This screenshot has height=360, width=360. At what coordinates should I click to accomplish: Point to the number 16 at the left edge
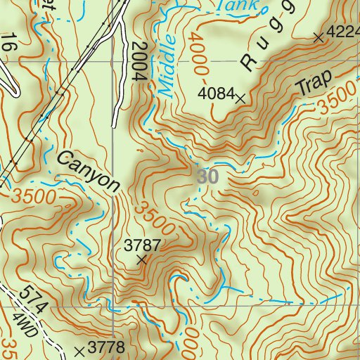click(x=8, y=41)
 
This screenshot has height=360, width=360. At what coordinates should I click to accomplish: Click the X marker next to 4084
click(x=241, y=100)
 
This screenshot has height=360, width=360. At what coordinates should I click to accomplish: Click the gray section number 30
click(x=207, y=177)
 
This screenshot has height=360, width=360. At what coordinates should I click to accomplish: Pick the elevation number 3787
click(x=143, y=245)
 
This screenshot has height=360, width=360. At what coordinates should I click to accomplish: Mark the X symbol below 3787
click(x=143, y=260)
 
